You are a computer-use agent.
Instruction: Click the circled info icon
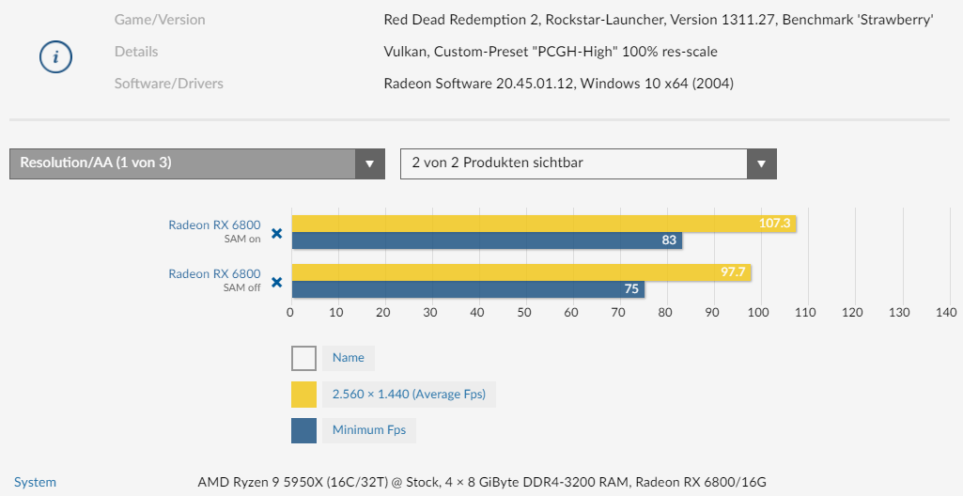point(55,56)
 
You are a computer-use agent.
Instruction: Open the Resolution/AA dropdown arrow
point(370,163)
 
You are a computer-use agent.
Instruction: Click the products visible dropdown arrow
point(762,163)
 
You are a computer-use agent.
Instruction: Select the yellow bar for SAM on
point(543,224)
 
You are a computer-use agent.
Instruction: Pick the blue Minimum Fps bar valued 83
point(486,240)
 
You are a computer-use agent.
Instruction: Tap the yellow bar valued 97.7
point(520,272)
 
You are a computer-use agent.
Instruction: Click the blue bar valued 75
point(467,289)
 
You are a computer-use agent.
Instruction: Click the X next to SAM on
point(276,233)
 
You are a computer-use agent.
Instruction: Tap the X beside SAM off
point(276,282)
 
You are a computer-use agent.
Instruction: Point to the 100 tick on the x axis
point(759,312)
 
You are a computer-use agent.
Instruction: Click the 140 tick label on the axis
point(946,312)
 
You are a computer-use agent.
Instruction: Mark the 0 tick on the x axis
point(290,312)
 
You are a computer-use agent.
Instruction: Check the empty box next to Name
point(303,358)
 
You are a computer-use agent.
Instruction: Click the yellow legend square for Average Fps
point(303,395)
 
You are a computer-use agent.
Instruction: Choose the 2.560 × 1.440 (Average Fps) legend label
point(409,395)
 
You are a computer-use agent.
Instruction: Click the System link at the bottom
point(35,482)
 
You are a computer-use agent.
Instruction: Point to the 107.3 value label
point(776,224)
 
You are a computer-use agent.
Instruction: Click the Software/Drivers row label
point(169,84)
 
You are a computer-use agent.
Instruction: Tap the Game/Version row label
point(160,20)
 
